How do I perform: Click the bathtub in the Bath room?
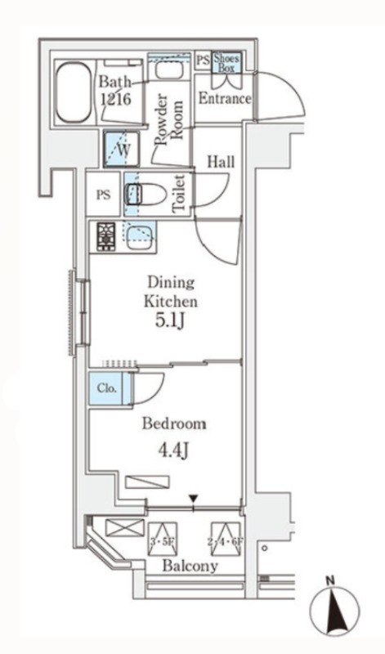(x=74, y=92)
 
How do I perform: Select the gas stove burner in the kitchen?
(x=106, y=237)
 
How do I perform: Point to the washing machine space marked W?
(x=121, y=149)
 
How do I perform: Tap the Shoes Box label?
(x=226, y=63)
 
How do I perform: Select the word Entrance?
(x=225, y=99)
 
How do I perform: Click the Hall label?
(x=221, y=162)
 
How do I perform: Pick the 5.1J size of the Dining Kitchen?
(x=169, y=321)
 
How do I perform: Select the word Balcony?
(x=190, y=566)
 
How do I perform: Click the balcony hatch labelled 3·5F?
(x=163, y=540)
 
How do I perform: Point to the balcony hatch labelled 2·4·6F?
(x=226, y=540)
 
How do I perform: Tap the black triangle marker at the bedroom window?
(x=193, y=499)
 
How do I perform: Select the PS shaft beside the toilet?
(x=104, y=195)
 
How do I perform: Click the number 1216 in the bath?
(x=115, y=99)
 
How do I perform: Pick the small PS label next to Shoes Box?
(x=204, y=60)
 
